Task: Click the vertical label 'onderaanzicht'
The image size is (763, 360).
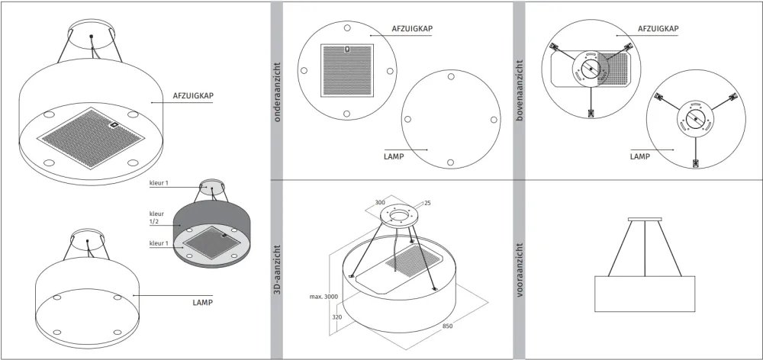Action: (277, 92)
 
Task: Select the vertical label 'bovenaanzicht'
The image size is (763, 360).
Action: (519, 91)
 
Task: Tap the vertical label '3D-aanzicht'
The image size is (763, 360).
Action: (277, 271)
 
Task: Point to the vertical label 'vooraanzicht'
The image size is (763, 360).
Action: (519, 271)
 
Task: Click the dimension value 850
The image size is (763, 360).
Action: (447, 326)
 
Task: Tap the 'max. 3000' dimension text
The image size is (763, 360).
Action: (324, 296)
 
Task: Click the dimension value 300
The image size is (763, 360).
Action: (381, 202)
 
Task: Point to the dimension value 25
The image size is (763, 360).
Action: (427, 202)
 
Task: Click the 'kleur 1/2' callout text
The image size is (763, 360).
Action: (156, 217)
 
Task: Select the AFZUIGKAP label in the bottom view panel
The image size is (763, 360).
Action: (412, 29)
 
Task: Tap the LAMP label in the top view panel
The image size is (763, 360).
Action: (640, 156)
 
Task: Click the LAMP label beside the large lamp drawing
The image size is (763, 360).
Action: (202, 303)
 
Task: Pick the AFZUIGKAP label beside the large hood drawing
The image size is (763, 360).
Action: (193, 95)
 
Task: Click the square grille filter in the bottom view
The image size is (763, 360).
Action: (347, 70)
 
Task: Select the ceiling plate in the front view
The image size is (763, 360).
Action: (645, 219)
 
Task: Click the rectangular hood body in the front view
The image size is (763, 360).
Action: (645, 294)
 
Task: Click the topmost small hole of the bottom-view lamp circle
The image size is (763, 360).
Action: (451, 76)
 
